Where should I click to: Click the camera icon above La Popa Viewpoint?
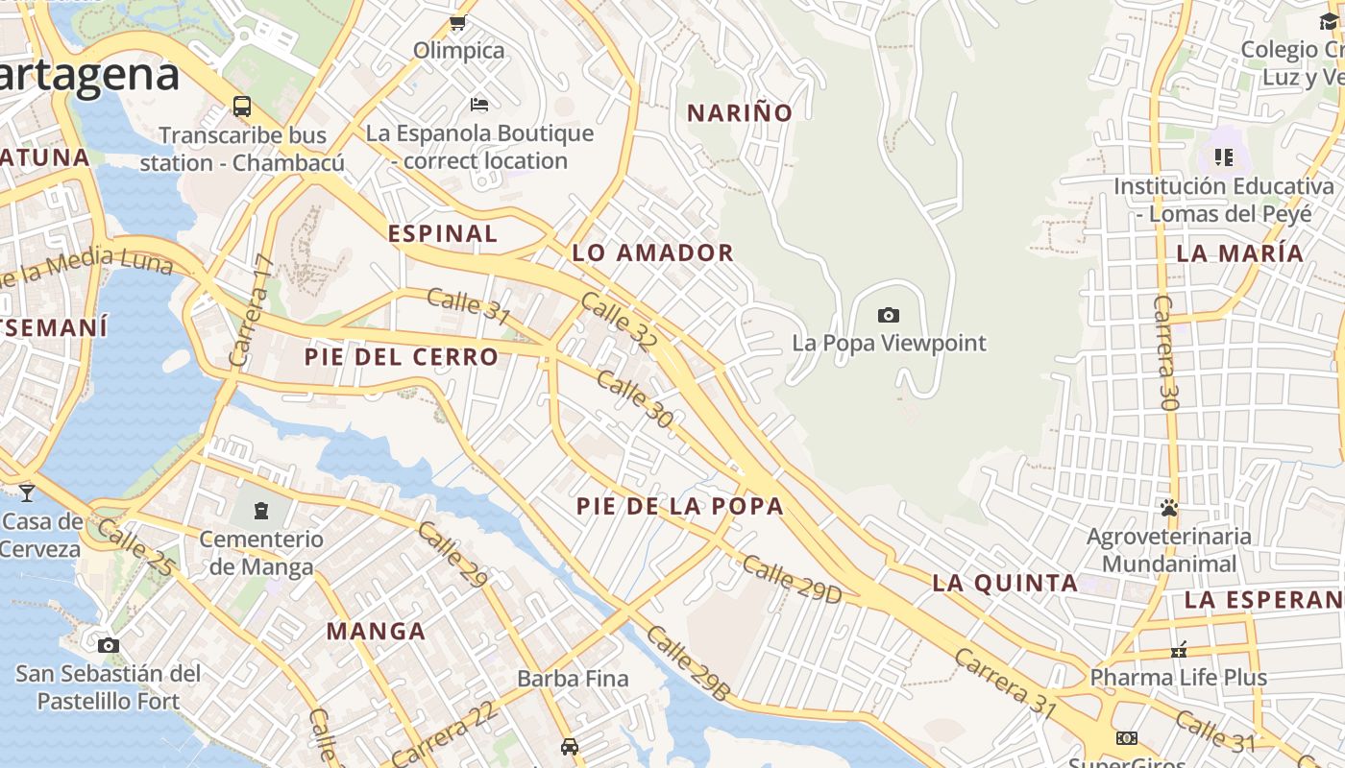tap(889, 315)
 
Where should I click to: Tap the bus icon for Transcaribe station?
tap(242, 107)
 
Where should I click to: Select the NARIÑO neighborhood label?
tap(740, 113)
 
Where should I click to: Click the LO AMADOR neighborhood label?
tap(653, 253)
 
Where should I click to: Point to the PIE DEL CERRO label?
tap(402, 357)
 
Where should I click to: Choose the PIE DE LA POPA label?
tap(680, 506)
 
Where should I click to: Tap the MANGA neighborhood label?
tap(376, 632)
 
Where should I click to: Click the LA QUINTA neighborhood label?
tap(1005, 583)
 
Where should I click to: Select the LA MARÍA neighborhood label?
tap(1240, 253)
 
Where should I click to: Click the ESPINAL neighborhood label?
tap(443, 233)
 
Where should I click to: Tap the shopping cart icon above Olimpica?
tap(458, 22)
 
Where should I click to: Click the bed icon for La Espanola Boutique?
tap(479, 104)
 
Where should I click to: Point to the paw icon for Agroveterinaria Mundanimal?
tap(1169, 508)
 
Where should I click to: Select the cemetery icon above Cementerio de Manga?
tap(261, 510)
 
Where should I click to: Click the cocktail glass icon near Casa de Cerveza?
tap(27, 492)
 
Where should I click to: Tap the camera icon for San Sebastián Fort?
tap(109, 645)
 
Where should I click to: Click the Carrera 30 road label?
tap(1165, 352)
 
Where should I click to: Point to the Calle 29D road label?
tap(792, 580)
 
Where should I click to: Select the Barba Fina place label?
tap(573, 679)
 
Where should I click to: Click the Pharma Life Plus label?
tap(1178, 678)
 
